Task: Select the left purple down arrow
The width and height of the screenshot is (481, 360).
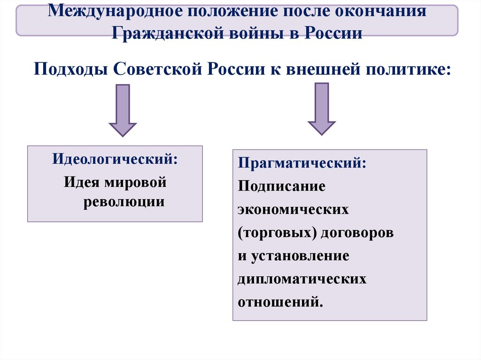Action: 123,110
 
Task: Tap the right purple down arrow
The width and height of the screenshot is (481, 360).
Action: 322,109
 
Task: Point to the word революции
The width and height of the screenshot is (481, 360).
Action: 124,202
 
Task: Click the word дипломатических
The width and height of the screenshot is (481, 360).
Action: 302,279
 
